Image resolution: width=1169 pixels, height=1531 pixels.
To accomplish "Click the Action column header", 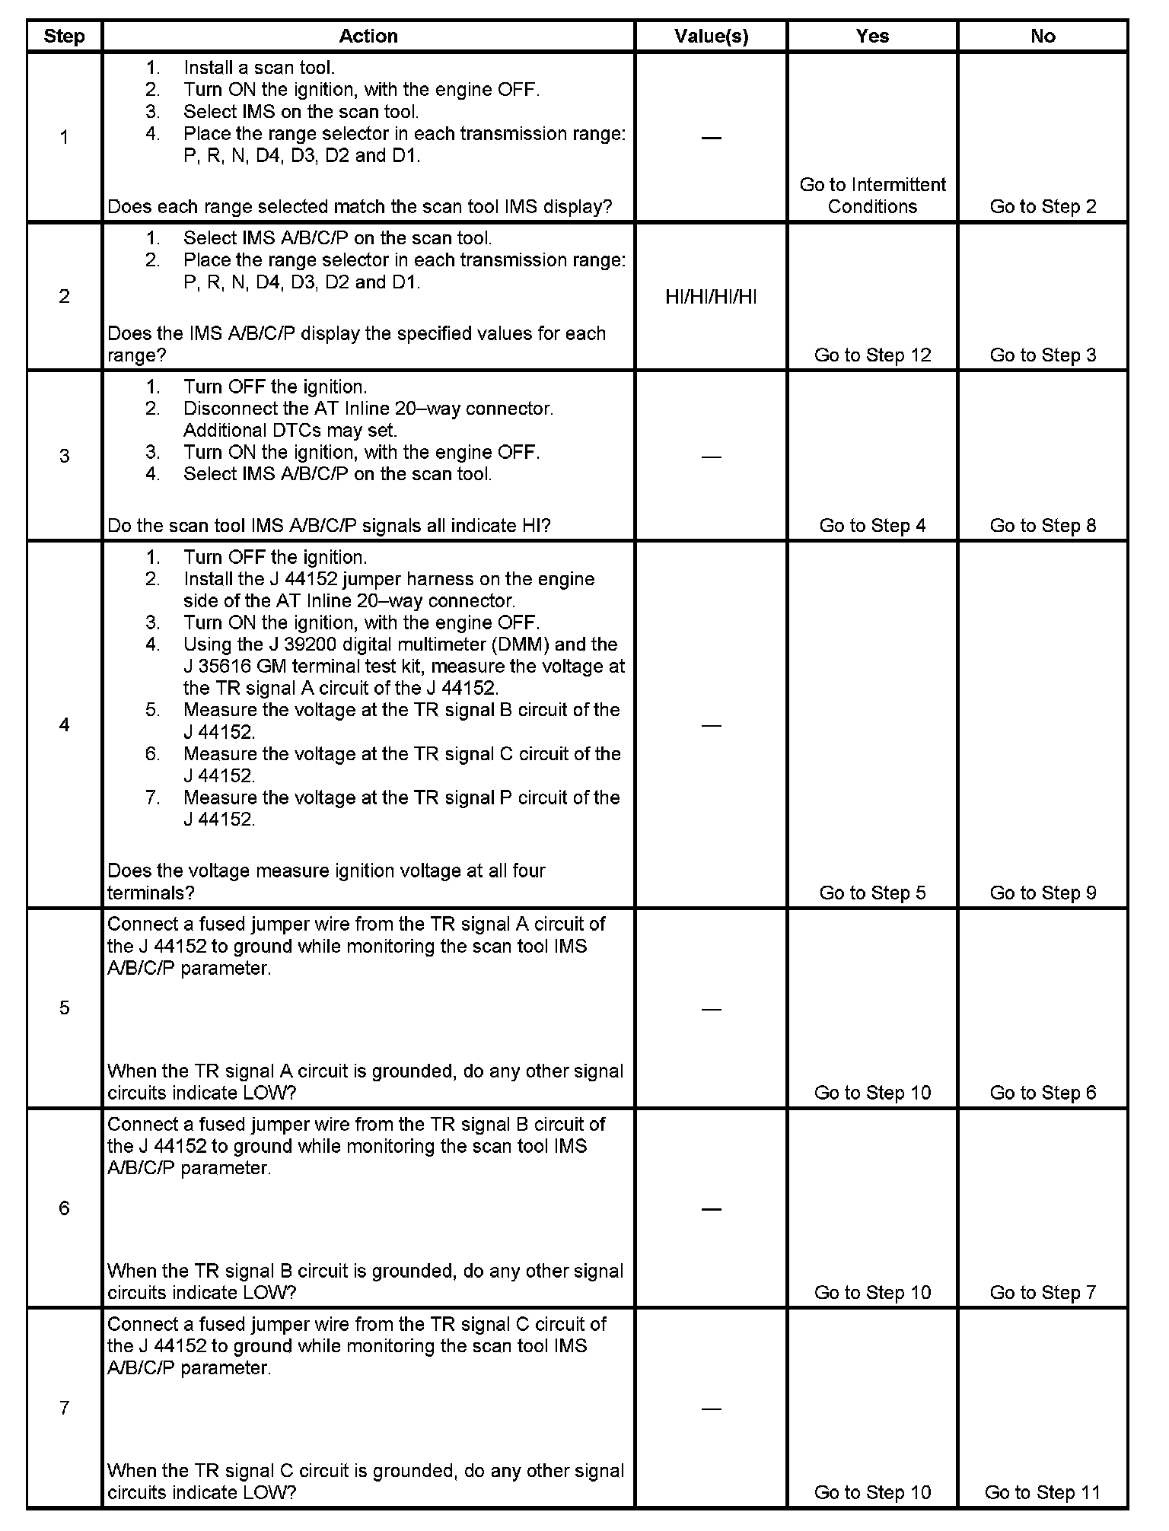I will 368,36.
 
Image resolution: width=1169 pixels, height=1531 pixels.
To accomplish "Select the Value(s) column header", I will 711,36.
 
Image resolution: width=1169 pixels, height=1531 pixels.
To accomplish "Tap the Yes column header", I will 872,36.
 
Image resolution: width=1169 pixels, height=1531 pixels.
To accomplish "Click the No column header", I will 1043,36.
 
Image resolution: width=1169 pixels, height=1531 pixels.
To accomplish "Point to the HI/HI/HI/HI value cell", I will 711,297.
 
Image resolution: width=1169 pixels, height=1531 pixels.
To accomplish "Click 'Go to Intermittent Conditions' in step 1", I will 872,196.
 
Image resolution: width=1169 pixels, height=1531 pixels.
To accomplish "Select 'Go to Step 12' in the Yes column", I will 872,355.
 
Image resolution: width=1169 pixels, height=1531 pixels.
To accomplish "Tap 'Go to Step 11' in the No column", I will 1043,1492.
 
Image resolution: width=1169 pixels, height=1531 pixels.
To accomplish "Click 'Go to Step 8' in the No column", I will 1043,526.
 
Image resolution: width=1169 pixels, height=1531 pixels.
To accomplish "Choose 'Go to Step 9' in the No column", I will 1043,893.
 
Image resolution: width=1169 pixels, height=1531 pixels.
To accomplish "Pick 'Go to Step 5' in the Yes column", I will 872,893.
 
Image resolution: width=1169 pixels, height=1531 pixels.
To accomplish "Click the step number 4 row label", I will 65,725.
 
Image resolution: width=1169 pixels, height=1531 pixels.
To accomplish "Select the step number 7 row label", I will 65,1408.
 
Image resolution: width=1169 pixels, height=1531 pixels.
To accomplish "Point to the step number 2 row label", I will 65,297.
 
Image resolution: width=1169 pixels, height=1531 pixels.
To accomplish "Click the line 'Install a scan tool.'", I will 259,68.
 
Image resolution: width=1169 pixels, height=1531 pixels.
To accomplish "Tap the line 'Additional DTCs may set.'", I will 290,431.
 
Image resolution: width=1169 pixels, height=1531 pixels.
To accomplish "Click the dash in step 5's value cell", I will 711,1009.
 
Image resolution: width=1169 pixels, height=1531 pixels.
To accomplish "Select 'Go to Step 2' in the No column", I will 1043,207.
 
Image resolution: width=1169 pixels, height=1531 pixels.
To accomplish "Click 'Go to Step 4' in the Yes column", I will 872,526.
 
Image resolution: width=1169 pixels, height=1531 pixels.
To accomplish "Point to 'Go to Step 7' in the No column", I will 1043,1292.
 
